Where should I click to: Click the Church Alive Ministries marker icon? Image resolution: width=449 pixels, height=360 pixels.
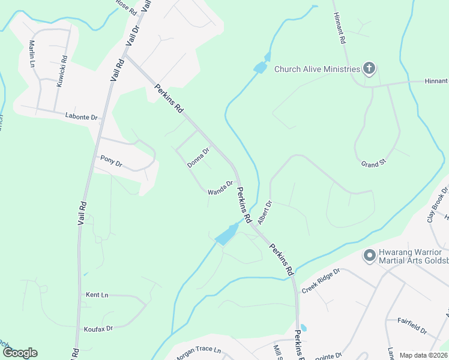tap(369, 69)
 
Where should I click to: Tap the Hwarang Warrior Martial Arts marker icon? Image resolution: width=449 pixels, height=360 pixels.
tap(369, 256)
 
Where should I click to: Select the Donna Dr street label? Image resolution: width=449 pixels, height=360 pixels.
tap(198, 157)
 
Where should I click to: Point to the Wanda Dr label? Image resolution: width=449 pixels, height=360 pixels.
tap(220, 188)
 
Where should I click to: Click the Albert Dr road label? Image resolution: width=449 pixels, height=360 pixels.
tap(265, 211)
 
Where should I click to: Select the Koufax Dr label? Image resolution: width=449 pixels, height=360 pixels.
tap(98, 328)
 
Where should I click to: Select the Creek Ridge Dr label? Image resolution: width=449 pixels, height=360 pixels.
tap(321, 280)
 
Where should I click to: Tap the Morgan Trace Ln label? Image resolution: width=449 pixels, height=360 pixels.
tap(198, 353)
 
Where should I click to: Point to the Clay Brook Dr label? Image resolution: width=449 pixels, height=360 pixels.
tap(438, 205)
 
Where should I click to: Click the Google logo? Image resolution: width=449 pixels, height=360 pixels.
tap(20, 353)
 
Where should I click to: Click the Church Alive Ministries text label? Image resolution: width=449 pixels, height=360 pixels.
tap(317, 68)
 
